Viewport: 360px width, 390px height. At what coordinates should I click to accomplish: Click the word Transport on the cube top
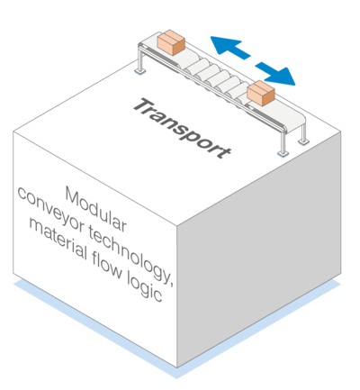(182, 128)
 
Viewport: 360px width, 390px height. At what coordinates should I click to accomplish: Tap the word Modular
(95, 209)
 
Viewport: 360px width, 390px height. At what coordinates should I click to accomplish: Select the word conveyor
(50, 209)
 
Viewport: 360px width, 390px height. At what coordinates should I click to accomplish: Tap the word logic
(145, 286)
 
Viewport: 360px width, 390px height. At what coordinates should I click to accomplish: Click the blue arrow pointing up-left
(229, 47)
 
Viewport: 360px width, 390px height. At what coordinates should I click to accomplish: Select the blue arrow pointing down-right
(275, 74)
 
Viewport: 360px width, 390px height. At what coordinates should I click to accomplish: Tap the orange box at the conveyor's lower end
(261, 93)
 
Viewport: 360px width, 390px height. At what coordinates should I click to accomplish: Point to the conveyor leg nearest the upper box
(140, 60)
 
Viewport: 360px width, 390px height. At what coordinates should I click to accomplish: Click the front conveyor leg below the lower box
(283, 143)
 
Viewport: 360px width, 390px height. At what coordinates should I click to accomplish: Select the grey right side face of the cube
(259, 249)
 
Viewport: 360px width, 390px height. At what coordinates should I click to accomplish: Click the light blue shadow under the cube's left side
(90, 324)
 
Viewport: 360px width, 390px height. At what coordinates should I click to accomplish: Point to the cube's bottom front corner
(177, 367)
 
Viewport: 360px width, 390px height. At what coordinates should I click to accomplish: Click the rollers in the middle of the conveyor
(216, 78)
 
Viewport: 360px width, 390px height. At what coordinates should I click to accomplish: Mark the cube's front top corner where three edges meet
(177, 225)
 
